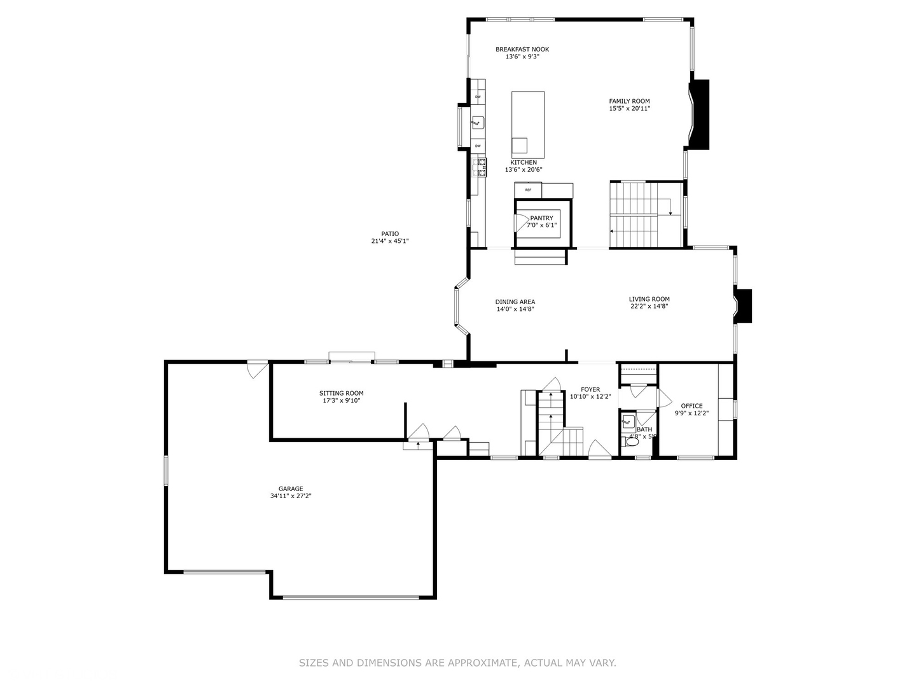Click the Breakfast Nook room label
point(522,50)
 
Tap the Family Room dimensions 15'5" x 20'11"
point(629,108)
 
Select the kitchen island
point(527,124)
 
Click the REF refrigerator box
point(528,190)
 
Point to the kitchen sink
point(478,122)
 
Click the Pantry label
point(541,218)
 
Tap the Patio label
point(390,234)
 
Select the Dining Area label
point(515,302)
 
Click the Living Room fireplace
point(744,305)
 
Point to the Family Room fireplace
point(700,114)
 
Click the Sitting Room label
point(341,393)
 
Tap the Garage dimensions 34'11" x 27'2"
point(290,496)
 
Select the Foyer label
point(590,389)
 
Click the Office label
point(691,406)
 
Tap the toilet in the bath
point(630,441)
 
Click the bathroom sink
point(628,420)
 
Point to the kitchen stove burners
point(480,167)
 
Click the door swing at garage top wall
point(257,369)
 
